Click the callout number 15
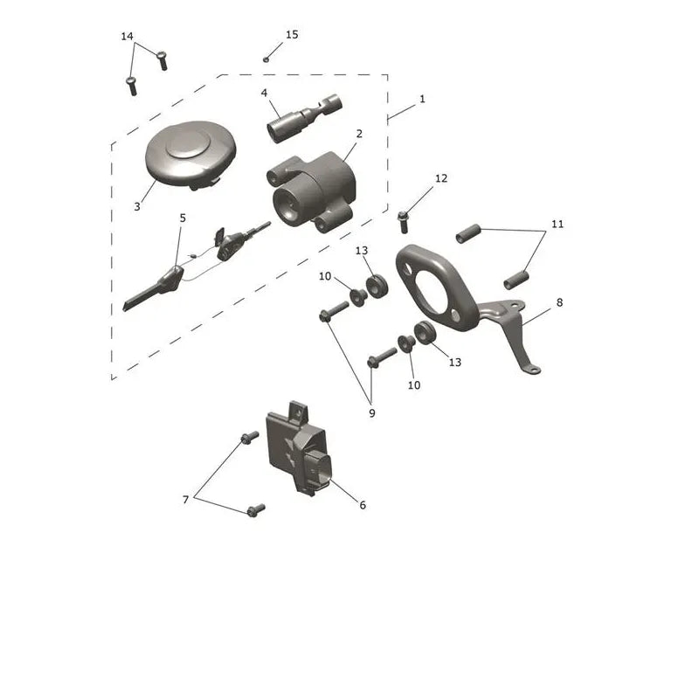292,35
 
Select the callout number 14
127,36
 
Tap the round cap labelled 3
190,155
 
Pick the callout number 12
441,178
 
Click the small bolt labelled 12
403,222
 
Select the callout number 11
557,224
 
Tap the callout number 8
559,302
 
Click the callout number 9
372,413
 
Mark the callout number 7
186,500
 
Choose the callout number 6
363,505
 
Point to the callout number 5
183,218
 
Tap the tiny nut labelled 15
266,59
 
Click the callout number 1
422,99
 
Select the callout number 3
137,207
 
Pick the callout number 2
359,134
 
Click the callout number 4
264,93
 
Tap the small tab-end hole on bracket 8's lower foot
534,370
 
